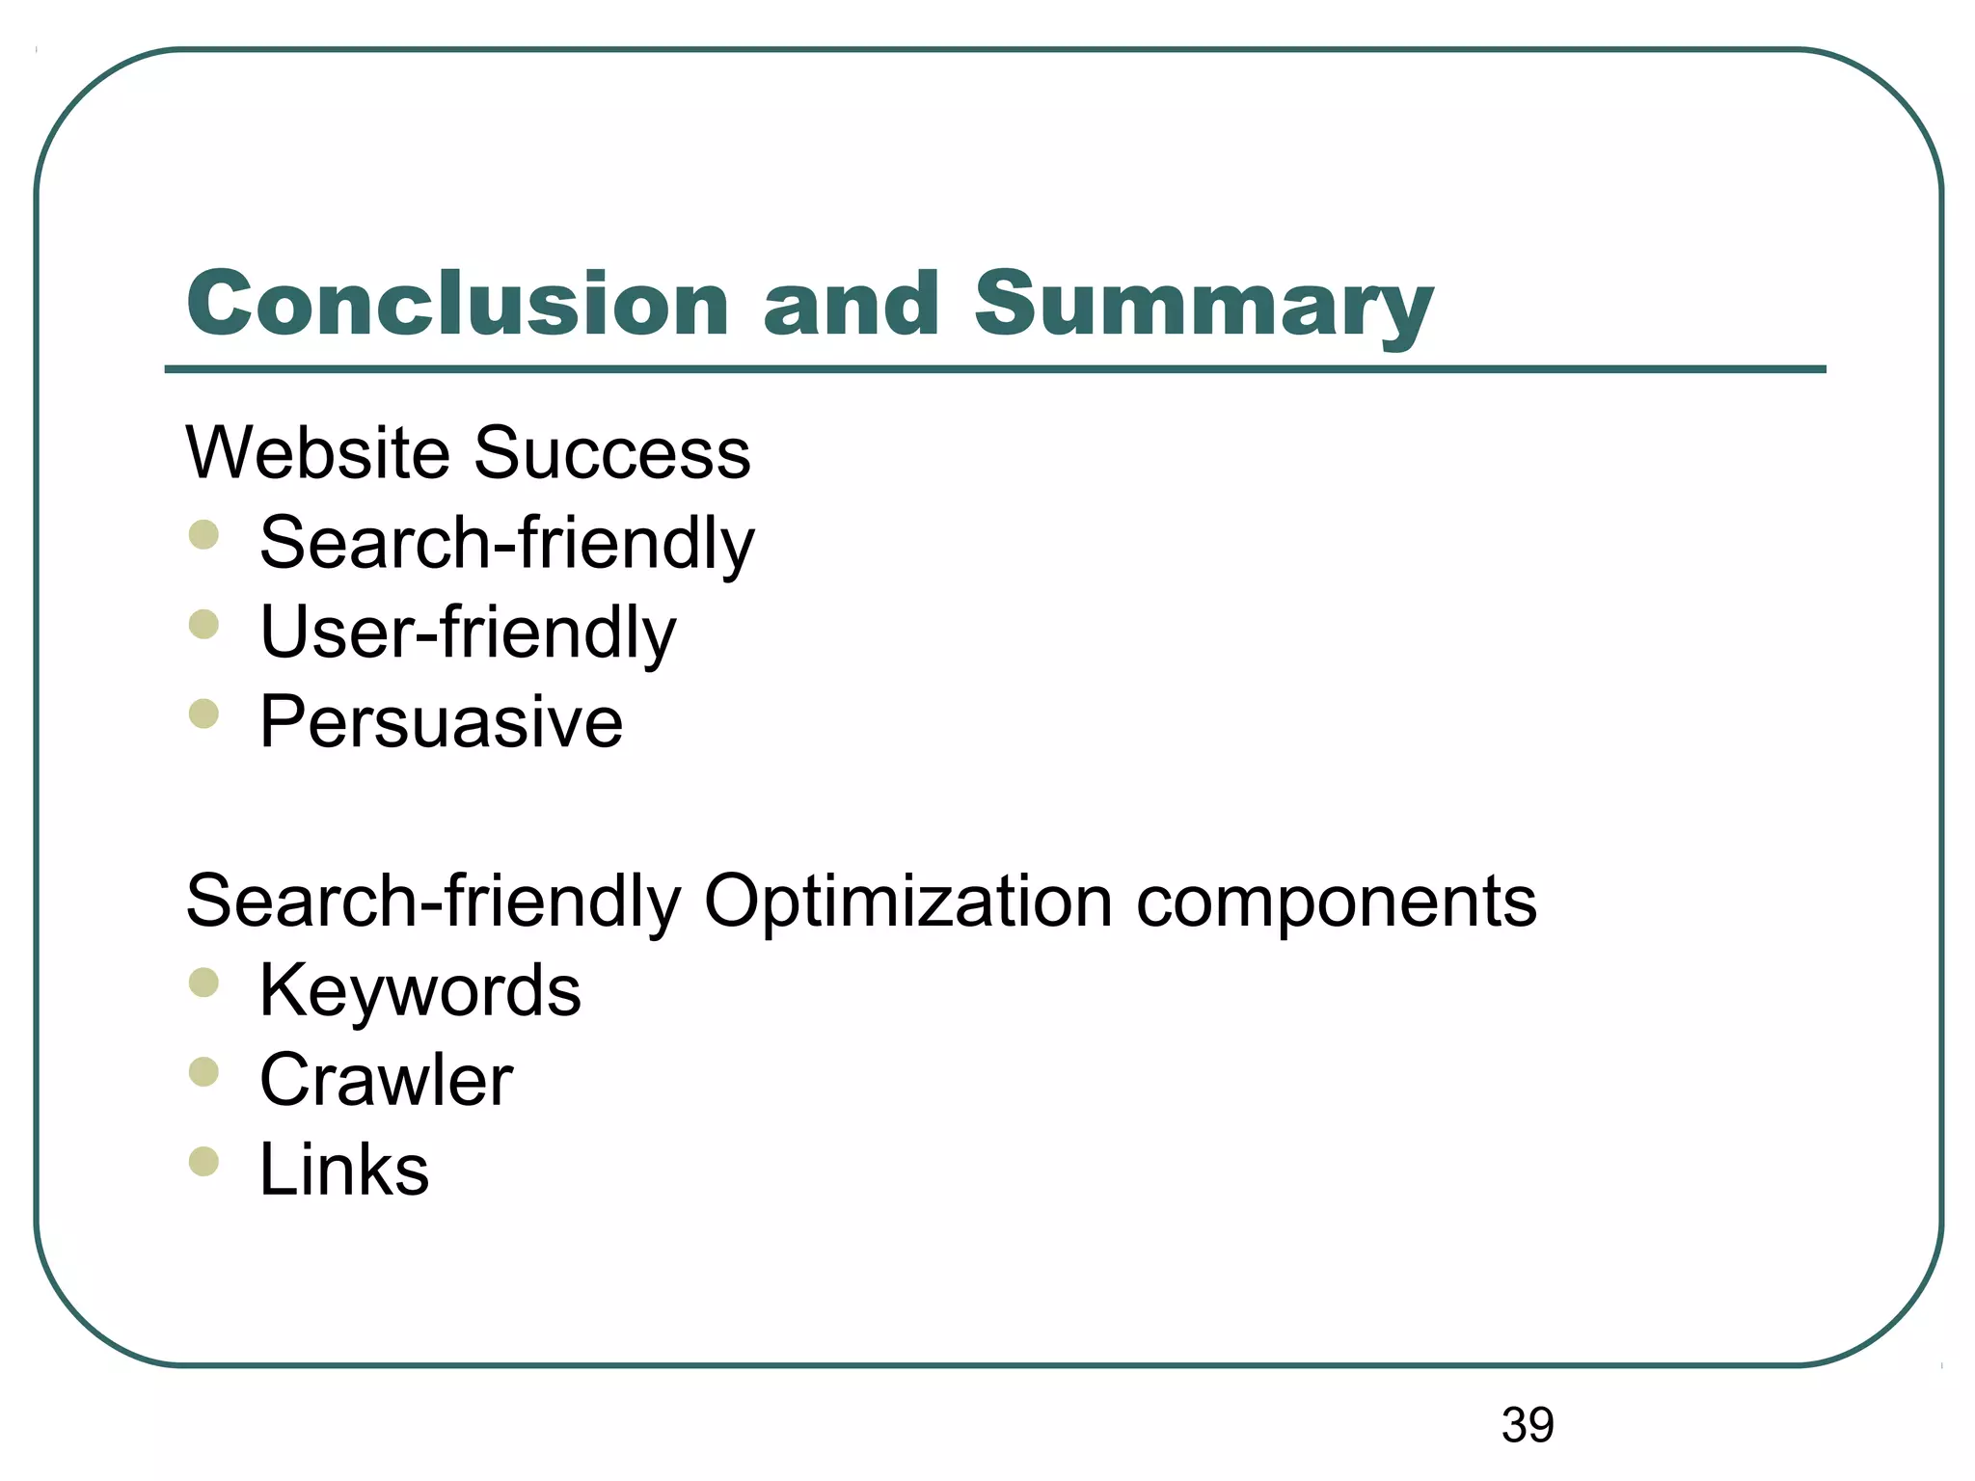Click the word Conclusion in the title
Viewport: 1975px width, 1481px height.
(457, 305)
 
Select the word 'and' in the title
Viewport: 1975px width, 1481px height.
(851, 305)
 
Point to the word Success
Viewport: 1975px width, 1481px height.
(612, 453)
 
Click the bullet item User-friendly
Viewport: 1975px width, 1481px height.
(468, 633)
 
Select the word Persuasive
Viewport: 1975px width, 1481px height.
(441, 722)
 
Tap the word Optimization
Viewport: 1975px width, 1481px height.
(907, 902)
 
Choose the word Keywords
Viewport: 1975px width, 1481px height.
(419, 991)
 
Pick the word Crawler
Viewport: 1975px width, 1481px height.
(386, 1081)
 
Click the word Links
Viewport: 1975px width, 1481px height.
(344, 1170)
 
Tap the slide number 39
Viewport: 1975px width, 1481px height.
(1528, 1425)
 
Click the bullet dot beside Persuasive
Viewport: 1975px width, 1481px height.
(203, 714)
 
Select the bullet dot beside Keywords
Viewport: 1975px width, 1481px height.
(203, 983)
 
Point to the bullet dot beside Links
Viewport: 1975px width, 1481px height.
(203, 1162)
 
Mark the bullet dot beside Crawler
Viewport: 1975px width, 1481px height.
(203, 1072)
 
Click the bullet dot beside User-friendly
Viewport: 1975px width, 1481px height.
(203, 625)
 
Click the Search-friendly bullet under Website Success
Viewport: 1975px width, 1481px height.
(506, 544)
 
